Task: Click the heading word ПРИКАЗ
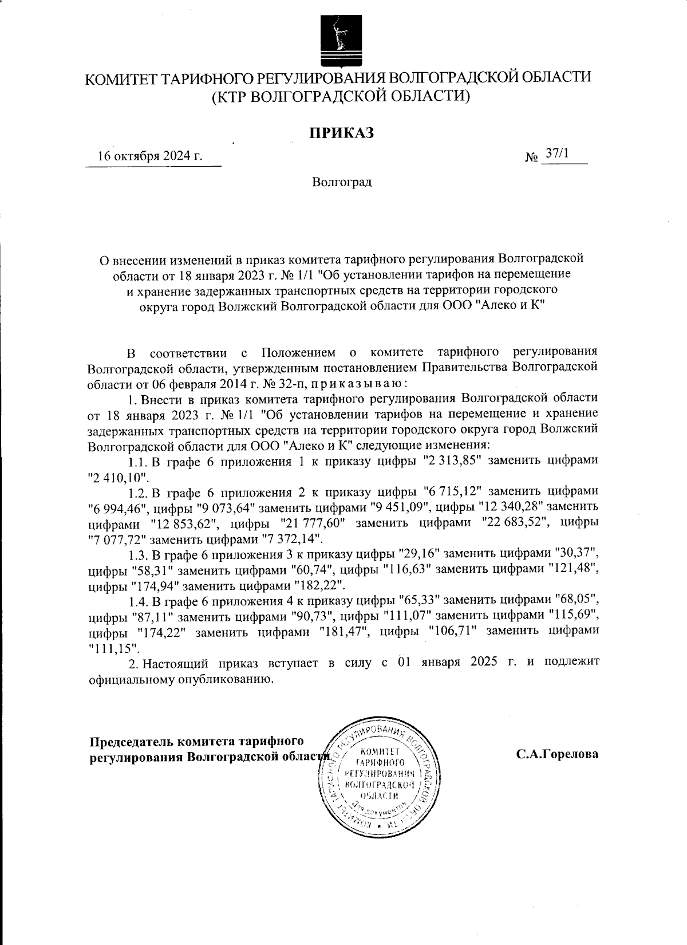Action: coord(342,133)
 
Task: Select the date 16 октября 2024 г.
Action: coord(151,156)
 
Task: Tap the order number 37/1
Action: coord(555,153)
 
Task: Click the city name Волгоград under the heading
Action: coord(342,183)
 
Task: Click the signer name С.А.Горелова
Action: coord(557,754)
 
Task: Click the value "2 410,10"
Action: coord(118,476)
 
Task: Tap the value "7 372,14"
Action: coord(297,539)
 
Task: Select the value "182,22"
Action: coord(319,586)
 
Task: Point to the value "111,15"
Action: coord(114,648)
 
